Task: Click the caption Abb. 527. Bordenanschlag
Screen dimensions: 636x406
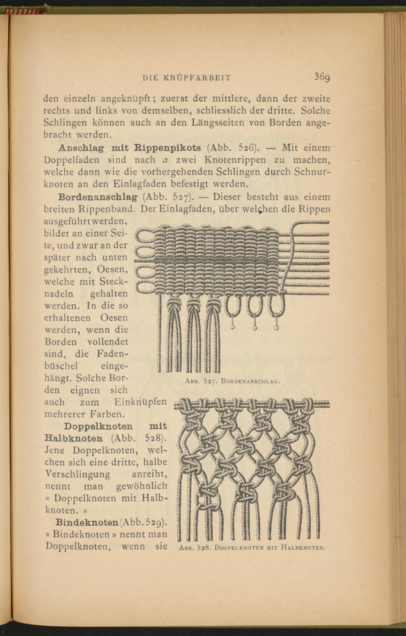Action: pos(232,381)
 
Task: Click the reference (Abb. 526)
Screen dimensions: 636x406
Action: pos(232,148)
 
